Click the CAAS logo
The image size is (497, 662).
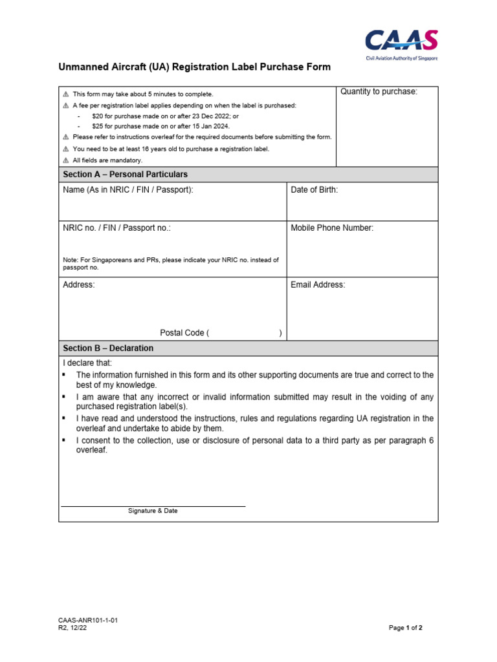pos(401,43)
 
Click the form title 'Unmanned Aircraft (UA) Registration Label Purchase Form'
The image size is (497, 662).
pos(195,67)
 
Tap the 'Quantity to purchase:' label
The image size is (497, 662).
pos(379,92)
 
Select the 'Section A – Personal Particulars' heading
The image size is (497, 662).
pos(125,175)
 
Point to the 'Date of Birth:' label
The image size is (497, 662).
pos(314,190)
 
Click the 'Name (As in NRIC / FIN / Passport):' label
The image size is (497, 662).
pos(127,190)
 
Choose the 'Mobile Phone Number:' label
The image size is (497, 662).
pos(332,228)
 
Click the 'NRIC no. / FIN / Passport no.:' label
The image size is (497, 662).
pos(116,228)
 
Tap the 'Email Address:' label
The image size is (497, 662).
pos(318,285)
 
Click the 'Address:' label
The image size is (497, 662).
pos(79,285)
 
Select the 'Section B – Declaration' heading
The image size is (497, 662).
pos(108,348)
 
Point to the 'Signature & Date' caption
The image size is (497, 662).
pos(153,511)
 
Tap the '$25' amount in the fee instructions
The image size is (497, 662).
pos(98,126)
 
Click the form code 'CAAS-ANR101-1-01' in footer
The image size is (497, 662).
pos(88,620)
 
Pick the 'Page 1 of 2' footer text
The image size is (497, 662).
pos(405,628)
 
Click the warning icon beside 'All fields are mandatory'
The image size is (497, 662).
pos(65,160)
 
